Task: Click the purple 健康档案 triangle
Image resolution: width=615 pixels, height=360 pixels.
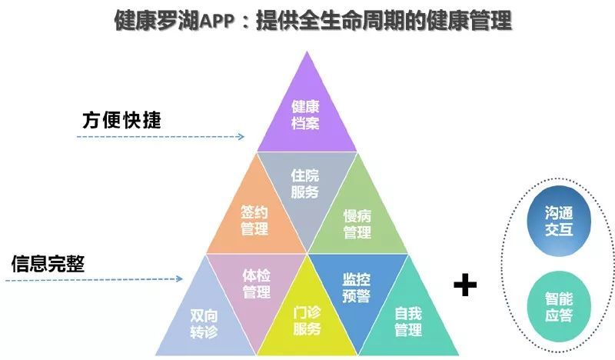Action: pos(307,118)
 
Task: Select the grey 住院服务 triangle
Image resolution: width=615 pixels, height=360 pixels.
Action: pos(307,185)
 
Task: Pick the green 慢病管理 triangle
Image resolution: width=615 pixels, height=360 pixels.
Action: pos(357,220)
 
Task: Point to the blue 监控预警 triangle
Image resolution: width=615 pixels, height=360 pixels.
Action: pos(357,287)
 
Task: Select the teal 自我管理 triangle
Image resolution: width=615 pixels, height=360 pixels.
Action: pos(408,321)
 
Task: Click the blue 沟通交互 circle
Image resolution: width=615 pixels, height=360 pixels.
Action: pos(559,221)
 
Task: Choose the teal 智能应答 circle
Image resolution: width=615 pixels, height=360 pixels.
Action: pos(559,307)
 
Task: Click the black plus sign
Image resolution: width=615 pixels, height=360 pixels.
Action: pos(465,285)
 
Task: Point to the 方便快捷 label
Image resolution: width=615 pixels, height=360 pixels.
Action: pos(121,120)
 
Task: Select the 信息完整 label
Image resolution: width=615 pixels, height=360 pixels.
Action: pos(48,263)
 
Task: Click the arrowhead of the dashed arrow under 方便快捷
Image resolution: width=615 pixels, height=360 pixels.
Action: pos(241,137)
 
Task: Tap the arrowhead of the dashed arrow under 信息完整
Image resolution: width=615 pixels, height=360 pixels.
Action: pos(180,278)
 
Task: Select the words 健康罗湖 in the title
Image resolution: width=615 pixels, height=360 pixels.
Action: pos(157,21)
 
